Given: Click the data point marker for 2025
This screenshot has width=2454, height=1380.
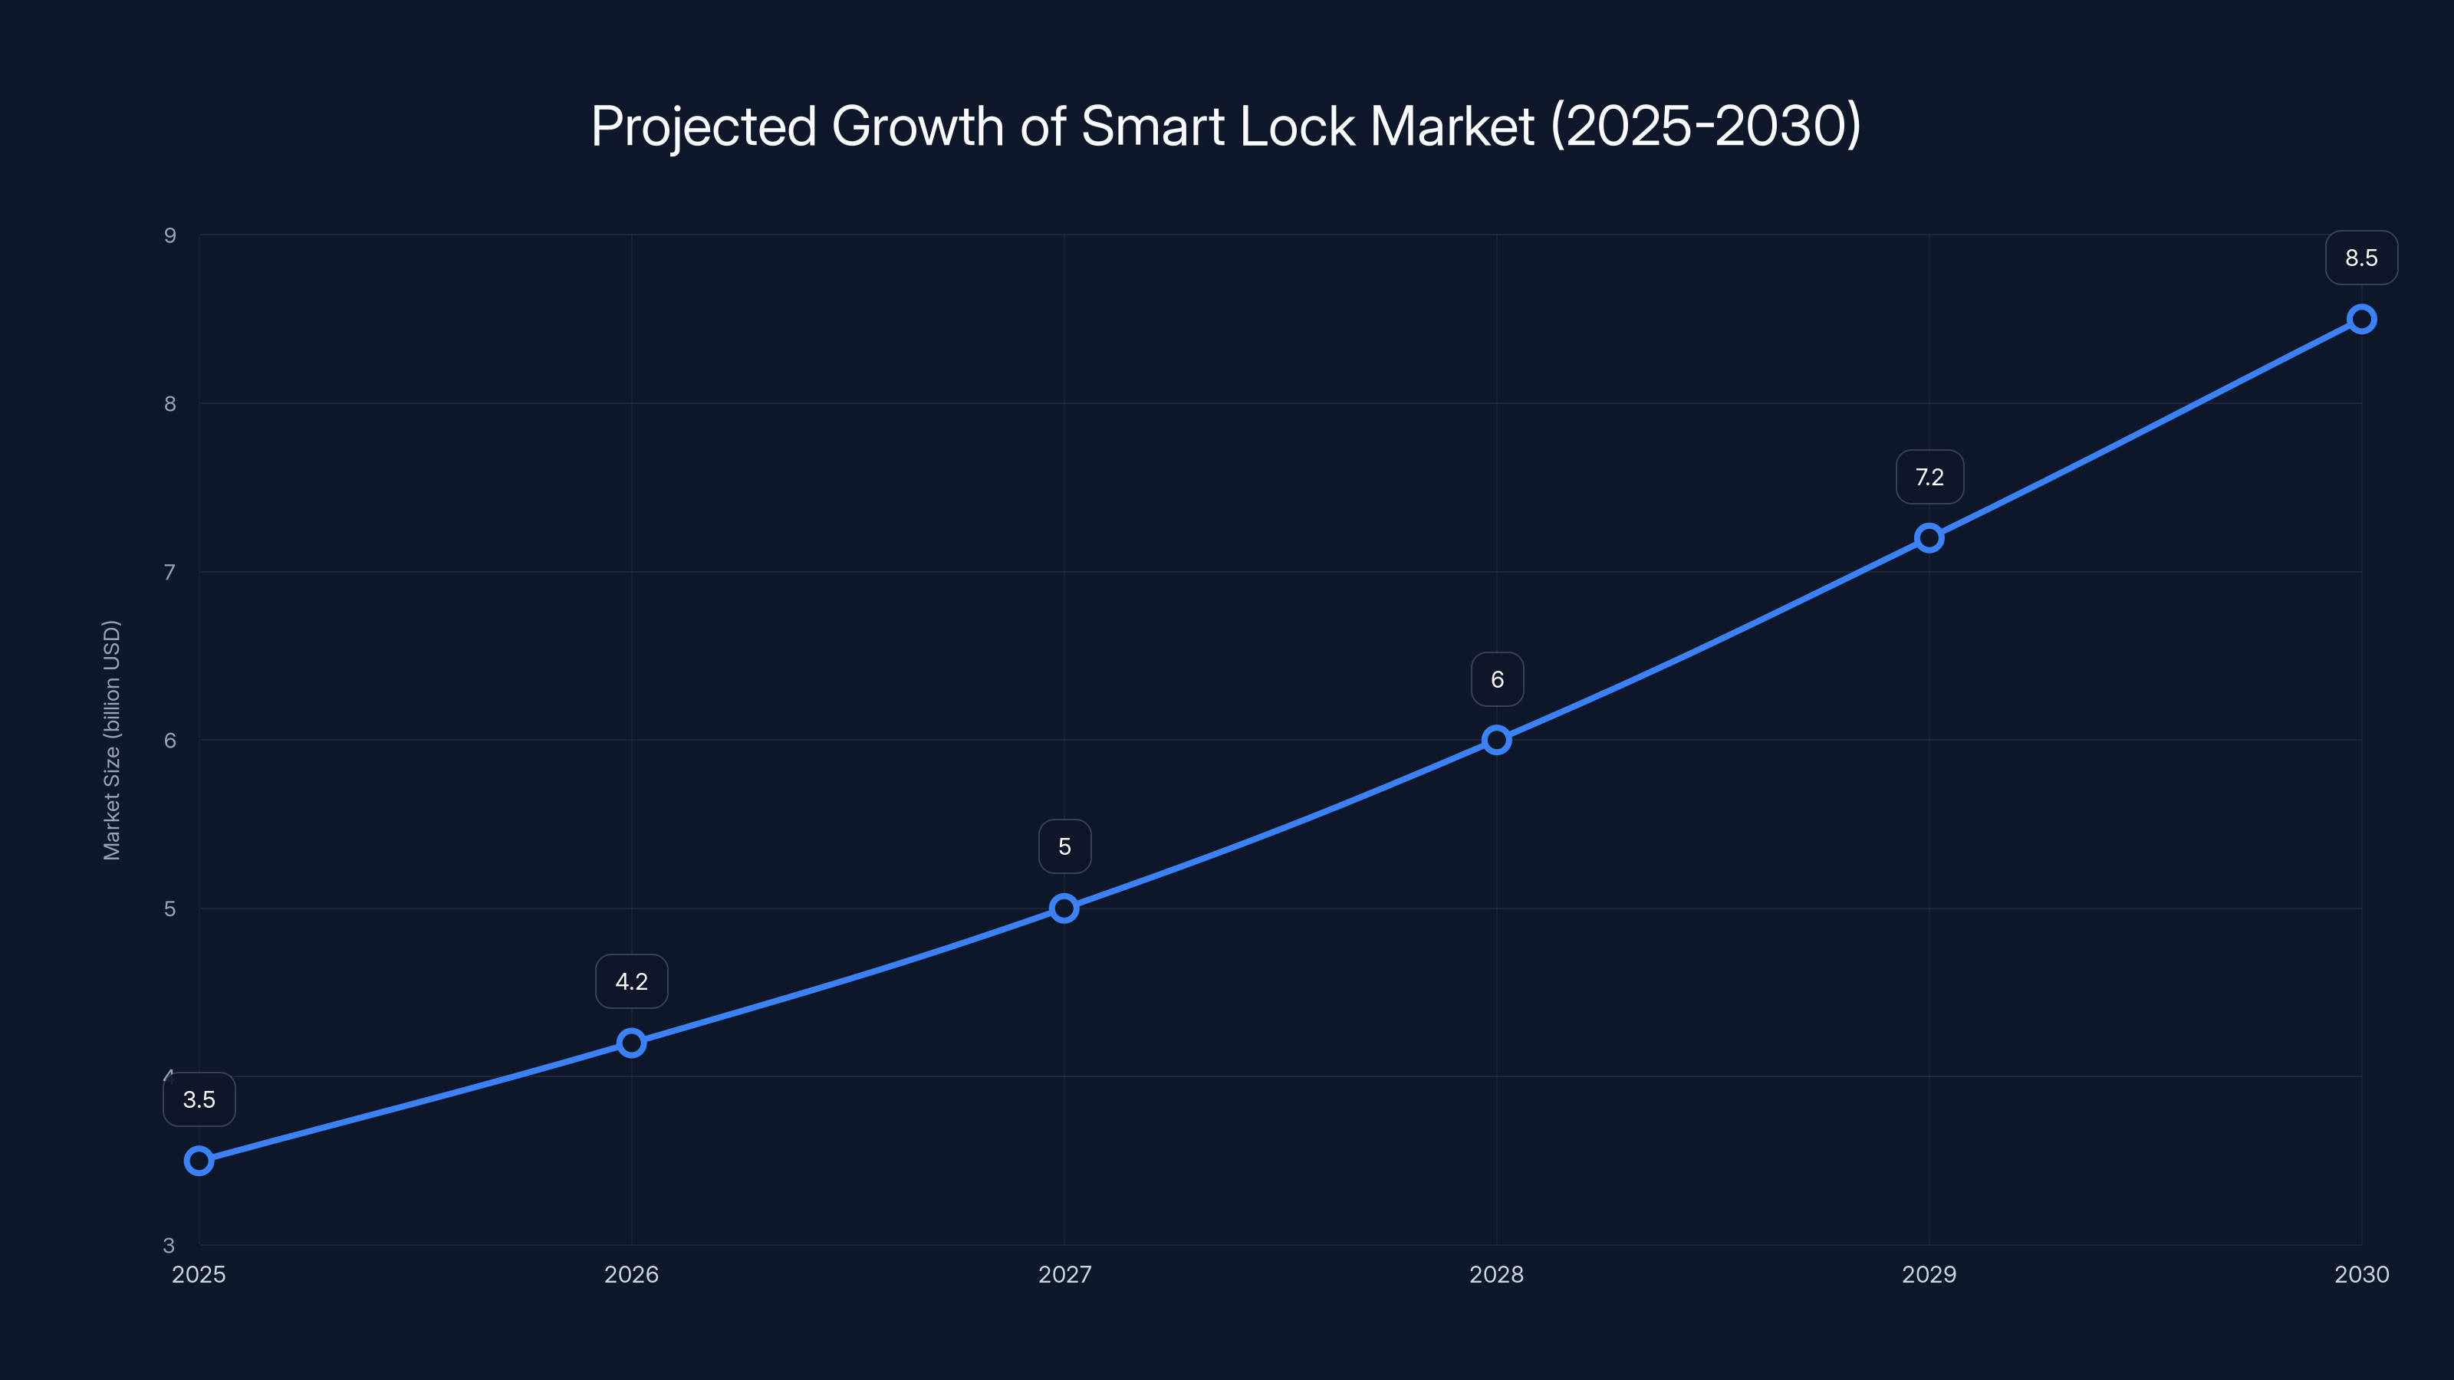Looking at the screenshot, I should pyautogui.click(x=199, y=1160).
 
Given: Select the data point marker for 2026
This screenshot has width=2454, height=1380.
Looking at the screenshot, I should pyautogui.click(x=632, y=1043).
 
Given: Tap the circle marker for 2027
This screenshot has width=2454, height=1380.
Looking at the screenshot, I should pyautogui.click(x=1064, y=908).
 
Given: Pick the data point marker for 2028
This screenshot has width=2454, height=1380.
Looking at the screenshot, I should pyautogui.click(x=1497, y=740).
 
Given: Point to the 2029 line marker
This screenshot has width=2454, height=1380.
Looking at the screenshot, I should pyautogui.click(x=1929, y=538).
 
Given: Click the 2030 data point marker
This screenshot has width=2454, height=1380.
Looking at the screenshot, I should pyautogui.click(x=2362, y=319).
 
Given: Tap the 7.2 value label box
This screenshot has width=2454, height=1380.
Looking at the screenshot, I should pyautogui.click(x=1929, y=477).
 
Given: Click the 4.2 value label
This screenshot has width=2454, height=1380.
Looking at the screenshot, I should pyautogui.click(x=632, y=982).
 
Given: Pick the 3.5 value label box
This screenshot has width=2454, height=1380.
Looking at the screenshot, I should pyautogui.click(x=199, y=1100).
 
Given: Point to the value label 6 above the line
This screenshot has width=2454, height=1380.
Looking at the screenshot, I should pyautogui.click(x=1497, y=680).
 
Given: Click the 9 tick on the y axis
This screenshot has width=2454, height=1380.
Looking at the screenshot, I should pyautogui.click(x=170, y=235).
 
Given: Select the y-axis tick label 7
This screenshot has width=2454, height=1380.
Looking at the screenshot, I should pyautogui.click(x=170, y=573).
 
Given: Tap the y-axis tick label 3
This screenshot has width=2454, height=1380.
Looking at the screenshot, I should pyautogui.click(x=169, y=1245).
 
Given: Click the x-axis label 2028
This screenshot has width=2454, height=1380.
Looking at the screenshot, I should pyautogui.click(x=1497, y=1274).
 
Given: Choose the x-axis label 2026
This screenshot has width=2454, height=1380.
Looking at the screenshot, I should pyautogui.click(x=632, y=1274).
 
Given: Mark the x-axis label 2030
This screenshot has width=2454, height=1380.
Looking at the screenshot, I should pyautogui.click(x=2362, y=1274).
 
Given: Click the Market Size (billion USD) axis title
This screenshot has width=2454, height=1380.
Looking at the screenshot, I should pyautogui.click(x=111, y=740).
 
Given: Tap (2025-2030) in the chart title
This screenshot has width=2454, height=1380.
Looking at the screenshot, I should pyautogui.click(x=1706, y=126).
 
